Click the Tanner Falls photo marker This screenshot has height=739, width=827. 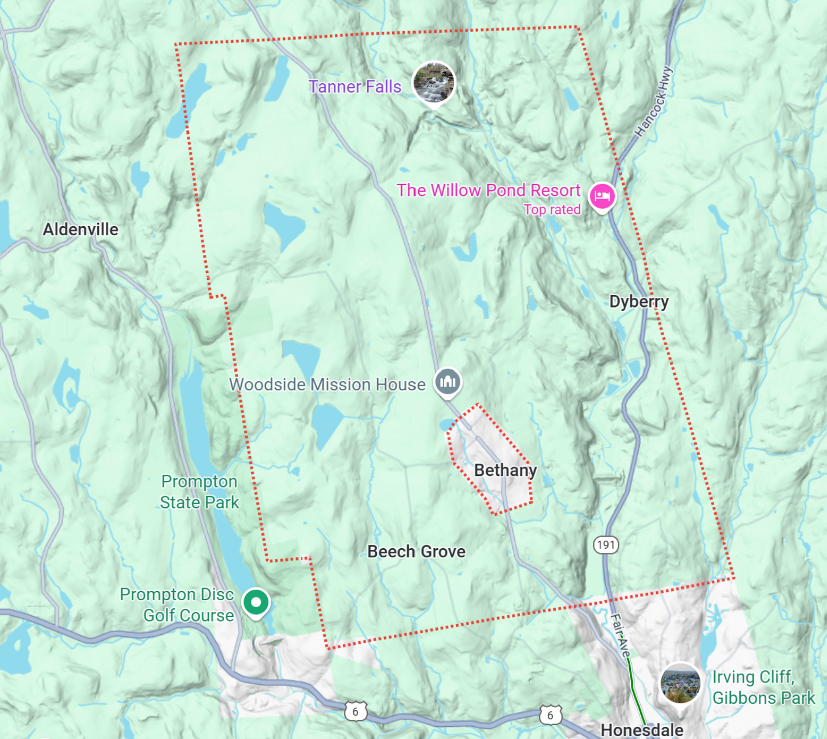(434, 83)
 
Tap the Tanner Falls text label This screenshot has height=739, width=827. (355, 87)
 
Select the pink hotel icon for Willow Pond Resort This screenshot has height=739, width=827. (602, 197)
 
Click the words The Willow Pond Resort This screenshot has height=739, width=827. (488, 190)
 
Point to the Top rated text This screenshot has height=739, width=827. (552, 210)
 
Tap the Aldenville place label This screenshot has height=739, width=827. (80, 230)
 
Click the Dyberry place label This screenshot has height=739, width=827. (638, 302)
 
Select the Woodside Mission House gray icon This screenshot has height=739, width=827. (448, 382)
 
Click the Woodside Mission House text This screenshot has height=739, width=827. (327, 385)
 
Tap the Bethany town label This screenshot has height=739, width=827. (505, 471)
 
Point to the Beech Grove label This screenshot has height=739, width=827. (416, 552)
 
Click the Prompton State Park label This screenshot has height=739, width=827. (200, 492)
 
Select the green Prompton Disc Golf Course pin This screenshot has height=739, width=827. (256, 602)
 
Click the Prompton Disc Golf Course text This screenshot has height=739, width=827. (177, 605)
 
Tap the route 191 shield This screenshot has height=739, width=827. (606, 545)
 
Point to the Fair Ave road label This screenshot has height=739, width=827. (619, 635)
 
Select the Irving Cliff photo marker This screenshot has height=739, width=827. (680, 683)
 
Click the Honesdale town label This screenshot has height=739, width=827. (642, 730)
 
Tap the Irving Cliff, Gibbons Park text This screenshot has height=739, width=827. (763, 688)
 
